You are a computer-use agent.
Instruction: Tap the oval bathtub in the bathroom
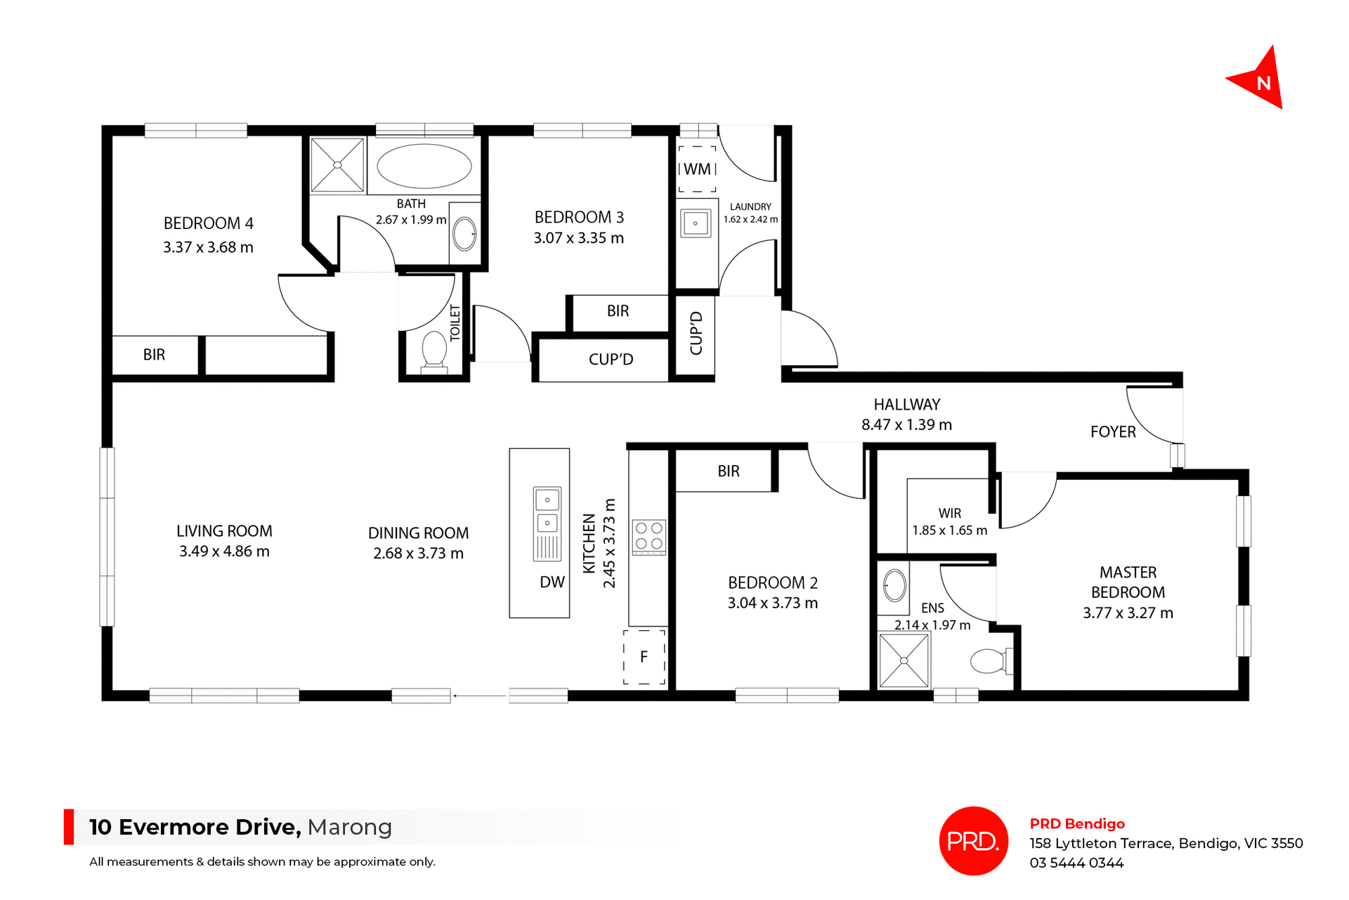[x=424, y=167]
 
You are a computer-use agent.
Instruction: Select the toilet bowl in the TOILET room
[x=434, y=349]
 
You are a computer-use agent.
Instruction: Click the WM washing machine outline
[x=697, y=169]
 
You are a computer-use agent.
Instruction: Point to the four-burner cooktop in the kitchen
[x=649, y=536]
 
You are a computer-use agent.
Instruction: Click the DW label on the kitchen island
[x=552, y=582]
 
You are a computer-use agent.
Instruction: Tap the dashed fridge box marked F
[x=644, y=657]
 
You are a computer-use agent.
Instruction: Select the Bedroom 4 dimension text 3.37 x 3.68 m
[x=208, y=247]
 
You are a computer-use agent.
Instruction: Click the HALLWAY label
[x=906, y=405]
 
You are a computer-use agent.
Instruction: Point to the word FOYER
[x=1113, y=432]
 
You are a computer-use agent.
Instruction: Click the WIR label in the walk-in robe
[x=949, y=514]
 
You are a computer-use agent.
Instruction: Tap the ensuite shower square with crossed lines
[x=904, y=660]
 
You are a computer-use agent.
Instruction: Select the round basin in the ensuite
[x=894, y=585]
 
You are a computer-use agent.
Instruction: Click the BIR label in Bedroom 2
[x=729, y=471]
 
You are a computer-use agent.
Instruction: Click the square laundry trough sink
[x=696, y=223]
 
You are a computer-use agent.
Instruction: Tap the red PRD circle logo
[x=973, y=841]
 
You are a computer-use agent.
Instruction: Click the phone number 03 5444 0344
[x=1076, y=863]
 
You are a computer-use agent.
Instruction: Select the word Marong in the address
[x=349, y=827]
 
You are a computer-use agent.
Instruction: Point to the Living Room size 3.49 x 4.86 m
[x=224, y=552]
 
